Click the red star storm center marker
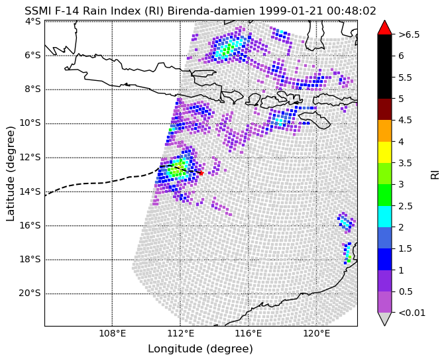pos(201,173)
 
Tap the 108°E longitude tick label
pos(113,333)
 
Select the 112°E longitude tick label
pos(180,333)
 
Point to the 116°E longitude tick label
pos(249,333)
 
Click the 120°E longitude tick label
pos(317,333)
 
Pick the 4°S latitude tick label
pos(34,21)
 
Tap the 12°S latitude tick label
pos(30,157)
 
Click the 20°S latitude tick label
pos(30,293)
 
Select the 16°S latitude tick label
pos(30,225)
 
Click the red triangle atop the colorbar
pos(384,28)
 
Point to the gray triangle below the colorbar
pos(384,319)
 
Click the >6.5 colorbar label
pos(409,34)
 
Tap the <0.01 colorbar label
pos(412,313)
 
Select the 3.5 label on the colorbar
pos(406,163)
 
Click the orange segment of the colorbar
pos(384,130)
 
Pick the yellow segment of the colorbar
pos(384,152)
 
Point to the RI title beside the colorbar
pos(435,174)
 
